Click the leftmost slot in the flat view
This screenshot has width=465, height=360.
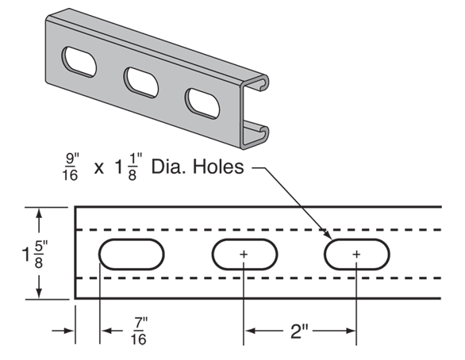point(131,254)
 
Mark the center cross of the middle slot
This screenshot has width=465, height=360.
point(244,254)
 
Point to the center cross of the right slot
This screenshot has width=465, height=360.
point(356,254)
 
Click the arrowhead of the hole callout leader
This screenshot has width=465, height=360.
point(328,235)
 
